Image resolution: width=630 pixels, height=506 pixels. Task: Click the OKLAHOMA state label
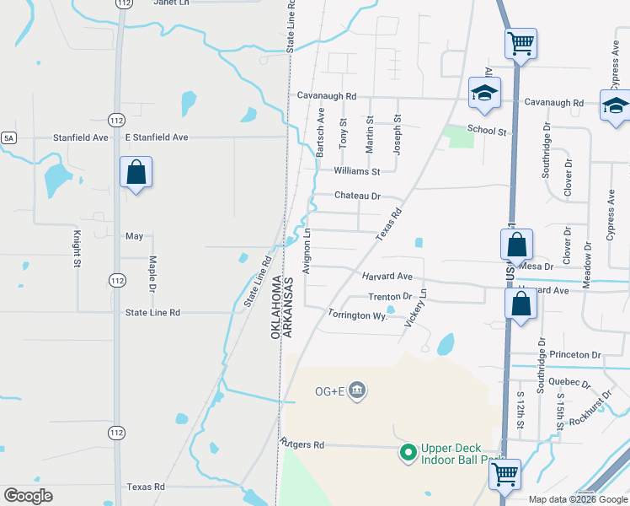tap(275, 306)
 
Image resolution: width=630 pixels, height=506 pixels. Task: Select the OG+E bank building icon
tap(357, 390)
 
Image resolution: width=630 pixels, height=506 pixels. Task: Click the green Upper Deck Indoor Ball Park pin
tap(408, 454)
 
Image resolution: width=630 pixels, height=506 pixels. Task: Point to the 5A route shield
tap(8, 137)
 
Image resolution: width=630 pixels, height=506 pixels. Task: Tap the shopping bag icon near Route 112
tap(136, 173)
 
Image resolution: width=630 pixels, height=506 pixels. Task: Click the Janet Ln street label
tap(172, 3)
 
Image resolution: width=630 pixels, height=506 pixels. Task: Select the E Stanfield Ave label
tap(155, 137)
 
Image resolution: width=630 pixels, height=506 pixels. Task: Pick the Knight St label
tap(77, 250)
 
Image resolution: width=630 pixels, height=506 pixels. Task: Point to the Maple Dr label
tap(152, 274)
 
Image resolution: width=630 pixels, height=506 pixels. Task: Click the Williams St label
tap(357, 171)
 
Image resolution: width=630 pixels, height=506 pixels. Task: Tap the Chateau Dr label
tap(357, 196)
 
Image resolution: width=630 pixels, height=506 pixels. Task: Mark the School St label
tap(487, 132)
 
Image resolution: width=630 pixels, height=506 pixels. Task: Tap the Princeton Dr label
tap(574, 355)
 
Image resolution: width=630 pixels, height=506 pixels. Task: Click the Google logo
tap(28, 496)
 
